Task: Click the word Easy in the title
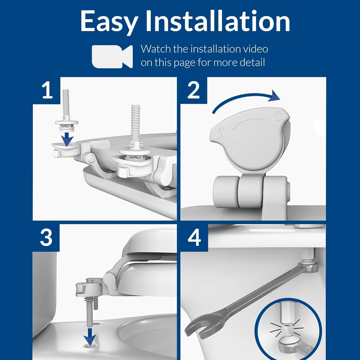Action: (x=109, y=22)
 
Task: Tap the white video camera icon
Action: (x=112, y=56)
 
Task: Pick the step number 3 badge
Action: (x=46, y=238)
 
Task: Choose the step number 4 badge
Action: (x=194, y=238)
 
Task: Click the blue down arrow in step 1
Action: (x=66, y=139)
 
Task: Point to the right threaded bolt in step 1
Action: (x=135, y=125)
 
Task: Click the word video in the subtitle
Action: (x=252, y=49)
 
